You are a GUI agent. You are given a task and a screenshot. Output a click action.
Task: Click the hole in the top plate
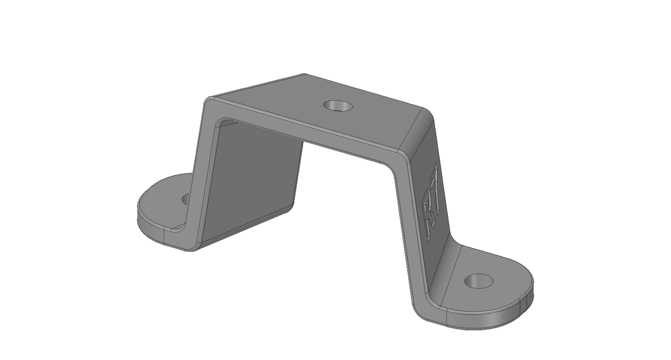click(x=338, y=106)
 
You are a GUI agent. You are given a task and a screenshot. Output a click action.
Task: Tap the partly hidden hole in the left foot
click(x=186, y=199)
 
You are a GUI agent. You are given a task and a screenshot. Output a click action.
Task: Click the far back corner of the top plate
click(x=304, y=75)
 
